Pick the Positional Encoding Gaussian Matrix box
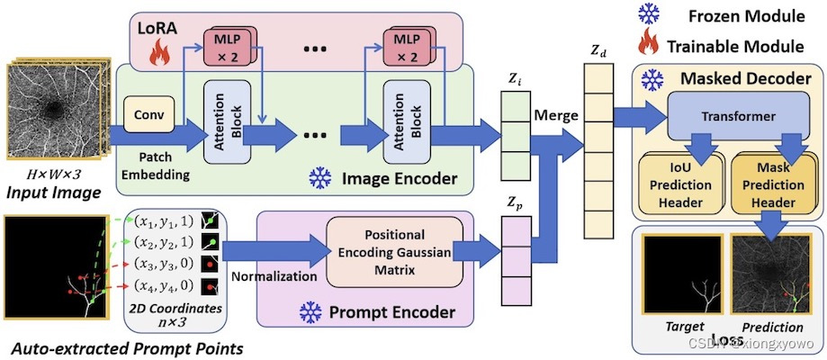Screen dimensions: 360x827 [395, 251]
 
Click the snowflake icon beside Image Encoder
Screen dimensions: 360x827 [320, 175]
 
